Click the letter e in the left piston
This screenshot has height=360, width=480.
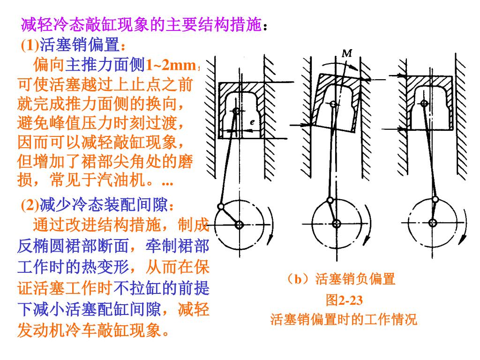[252, 122]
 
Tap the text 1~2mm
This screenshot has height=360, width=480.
[170, 65]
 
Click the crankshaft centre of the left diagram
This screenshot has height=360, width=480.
[240, 225]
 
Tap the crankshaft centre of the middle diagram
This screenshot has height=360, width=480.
[336, 224]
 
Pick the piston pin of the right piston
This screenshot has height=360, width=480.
[424, 102]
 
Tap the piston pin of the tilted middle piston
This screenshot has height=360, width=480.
[333, 104]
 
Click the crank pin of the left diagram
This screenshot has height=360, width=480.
[220, 207]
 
